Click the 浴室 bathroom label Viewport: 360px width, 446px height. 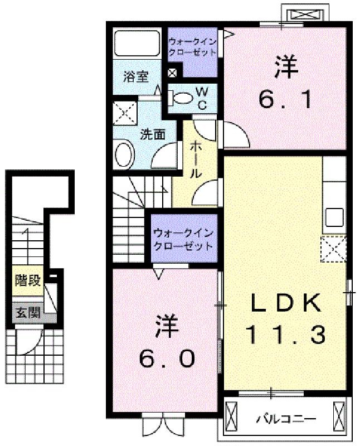pyautogui.click(x=136, y=76)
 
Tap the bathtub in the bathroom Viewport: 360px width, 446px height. pyautogui.click(x=137, y=43)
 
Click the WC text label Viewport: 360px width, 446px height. pyautogui.click(x=202, y=98)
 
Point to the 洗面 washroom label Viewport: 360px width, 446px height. pyautogui.click(x=153, y=134)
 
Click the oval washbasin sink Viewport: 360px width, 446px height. pyautogui.click(x=124, y=155)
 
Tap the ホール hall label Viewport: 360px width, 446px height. pyautogui.click(x=196, y=160)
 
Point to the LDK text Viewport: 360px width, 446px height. pyautogui.click(x=285, y=303)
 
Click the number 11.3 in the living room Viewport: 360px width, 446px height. pyautogui.click(x=285, y=335)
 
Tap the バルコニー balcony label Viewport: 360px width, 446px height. pyautogui.click(x=286, y=419)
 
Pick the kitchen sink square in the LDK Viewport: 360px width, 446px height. pyautogui.click(x=334, y=217)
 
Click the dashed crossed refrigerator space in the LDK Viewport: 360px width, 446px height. pyautogui.click(x=334, y=249)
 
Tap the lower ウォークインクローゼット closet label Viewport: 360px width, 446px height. pyautogui.click(x=183, y=239)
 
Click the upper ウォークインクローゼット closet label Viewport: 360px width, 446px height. pyautogui.click(x=192, y=47)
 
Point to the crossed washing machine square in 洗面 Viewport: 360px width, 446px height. pyautogui.click(x=125, y=113)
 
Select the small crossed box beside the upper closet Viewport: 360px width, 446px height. pyautogui.click(x=172, y=73)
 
